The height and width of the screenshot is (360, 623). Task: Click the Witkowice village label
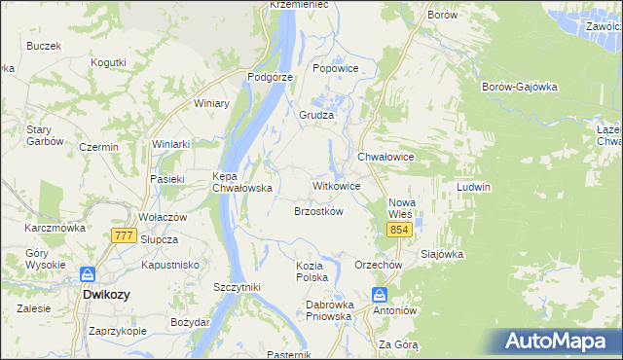click(336, 185)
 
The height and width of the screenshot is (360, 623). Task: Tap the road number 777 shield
click(124, 235)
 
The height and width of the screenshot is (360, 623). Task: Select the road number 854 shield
click(399, 229)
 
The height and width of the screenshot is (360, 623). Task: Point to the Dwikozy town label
click(107, 293)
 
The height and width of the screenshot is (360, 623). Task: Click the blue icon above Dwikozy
click(88, 275)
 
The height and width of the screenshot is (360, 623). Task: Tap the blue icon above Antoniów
click(380, 295)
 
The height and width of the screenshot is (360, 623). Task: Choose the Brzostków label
click(318, 210)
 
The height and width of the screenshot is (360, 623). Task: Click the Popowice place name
click(336, 68)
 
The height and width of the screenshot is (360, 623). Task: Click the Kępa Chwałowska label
click(240, 183)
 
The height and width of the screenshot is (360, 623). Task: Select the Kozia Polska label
click(315, 271)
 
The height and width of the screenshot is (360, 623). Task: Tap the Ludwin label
click(473, 187)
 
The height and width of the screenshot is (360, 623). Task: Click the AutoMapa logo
click(558, 341)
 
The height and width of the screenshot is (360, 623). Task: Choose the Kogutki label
click(108, 62)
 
